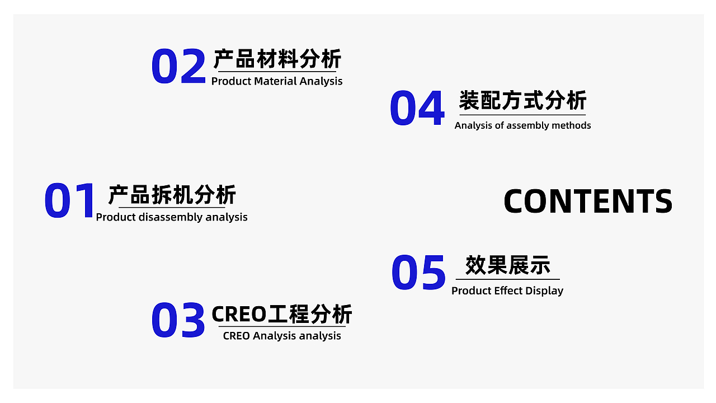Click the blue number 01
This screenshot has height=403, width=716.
[x=70, y=200]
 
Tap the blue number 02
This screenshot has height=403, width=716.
[x=178, y=67]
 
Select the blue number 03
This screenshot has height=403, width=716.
[x=178, y=320]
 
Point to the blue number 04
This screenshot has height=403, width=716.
[x=417, y=109]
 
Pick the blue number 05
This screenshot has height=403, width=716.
[x=418, y=273]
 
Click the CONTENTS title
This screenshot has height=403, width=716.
[x=588, y=201]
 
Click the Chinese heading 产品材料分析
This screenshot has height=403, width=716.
[x=277, y=59]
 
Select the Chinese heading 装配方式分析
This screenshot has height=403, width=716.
[x=522, y=101]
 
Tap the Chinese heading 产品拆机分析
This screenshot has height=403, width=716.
[x=172, y=195]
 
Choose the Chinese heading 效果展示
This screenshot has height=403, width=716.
[x=508, y=265]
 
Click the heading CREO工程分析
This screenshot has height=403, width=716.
[x=282, y=315]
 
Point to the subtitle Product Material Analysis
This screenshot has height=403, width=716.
[x=277, y=81]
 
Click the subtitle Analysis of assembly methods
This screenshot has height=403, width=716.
[x=522, y=125]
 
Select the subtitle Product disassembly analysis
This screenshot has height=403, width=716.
[x=172, y=217]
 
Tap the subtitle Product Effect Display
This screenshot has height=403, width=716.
[x=507, y=290]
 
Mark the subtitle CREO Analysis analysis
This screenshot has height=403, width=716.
[x=282, y=336]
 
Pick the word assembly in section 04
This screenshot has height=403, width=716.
[x=527, y=125]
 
